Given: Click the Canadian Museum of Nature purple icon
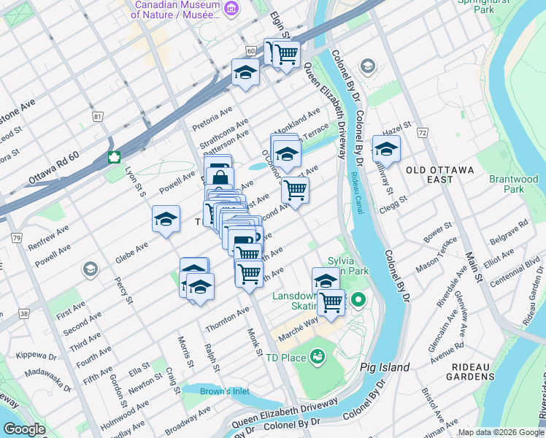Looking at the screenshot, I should (231, 8).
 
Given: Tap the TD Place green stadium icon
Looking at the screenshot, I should (318, 356).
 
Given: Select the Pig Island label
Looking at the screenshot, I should (385, 367).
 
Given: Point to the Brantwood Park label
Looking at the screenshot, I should (514, 184).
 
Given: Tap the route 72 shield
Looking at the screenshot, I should (422, 132).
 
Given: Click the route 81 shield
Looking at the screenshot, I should (98, 116).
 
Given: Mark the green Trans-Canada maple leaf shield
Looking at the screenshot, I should (114, 156).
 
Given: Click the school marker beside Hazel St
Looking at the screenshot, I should (386, 150).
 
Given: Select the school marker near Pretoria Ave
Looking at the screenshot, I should (245, 72).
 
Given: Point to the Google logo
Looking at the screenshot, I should (24, 429).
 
